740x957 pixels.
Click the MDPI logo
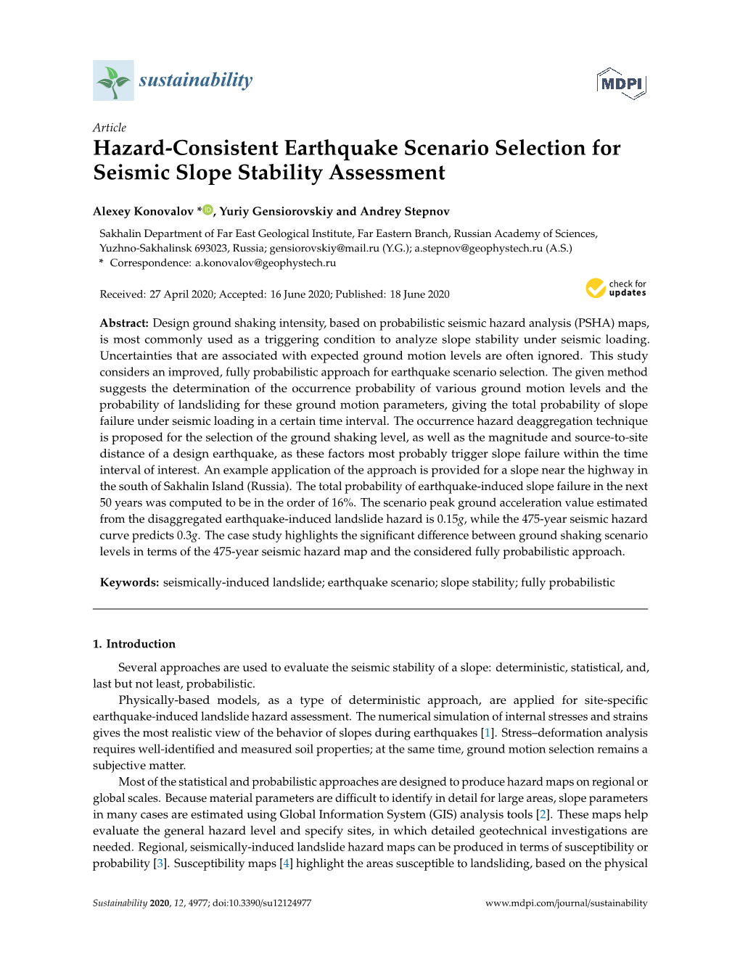point(621,83)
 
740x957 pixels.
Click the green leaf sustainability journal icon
point(113,80)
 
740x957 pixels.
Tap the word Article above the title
point(110,128)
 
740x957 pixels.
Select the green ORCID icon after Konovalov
point(207,210)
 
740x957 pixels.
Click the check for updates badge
point(616,289)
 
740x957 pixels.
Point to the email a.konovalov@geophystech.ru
point(266,263)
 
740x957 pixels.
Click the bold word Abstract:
point(124,323)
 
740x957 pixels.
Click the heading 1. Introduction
point(134,644)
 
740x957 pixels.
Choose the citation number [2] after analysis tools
point(543,814)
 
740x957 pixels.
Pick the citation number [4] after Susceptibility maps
point(286,863)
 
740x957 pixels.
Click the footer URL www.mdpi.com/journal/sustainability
point(566,903)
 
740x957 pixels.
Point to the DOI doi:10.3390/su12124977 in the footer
point(262,903)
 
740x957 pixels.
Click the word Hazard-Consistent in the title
point(186,148)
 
